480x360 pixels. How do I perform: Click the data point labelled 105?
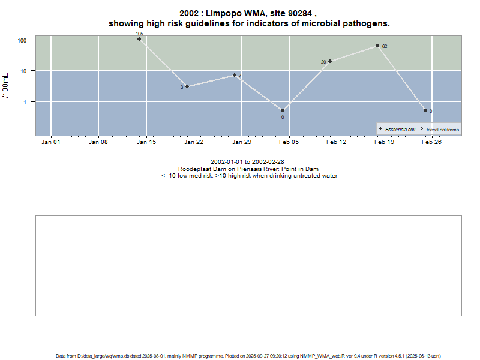[x=139, y=39]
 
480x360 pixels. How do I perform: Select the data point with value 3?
[x=187, y=86]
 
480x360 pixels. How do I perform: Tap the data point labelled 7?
[x=235, y=75]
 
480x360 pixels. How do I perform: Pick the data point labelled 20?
[x=330, y=61]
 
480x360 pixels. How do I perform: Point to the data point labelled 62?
[x=377, y=46]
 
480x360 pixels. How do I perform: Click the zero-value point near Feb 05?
[x=283, y=110]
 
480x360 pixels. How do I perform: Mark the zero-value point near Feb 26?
[x=425, y=110]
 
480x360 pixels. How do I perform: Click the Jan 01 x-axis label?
[x=51, y=142]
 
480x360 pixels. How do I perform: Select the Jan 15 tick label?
[x=146, y=142]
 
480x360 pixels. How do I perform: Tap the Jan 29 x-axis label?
[x=242, y=142]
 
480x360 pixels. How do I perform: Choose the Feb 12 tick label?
[x=337, y=142]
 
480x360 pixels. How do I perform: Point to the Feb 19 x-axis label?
[x=385, y=142]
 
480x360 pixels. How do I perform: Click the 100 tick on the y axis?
[x=23, y=40]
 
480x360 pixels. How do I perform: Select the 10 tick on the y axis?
[x=25, y=71]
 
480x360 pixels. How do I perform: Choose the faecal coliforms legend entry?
[x=442, y=129]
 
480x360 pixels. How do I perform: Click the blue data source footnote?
[x=248, y=356]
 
